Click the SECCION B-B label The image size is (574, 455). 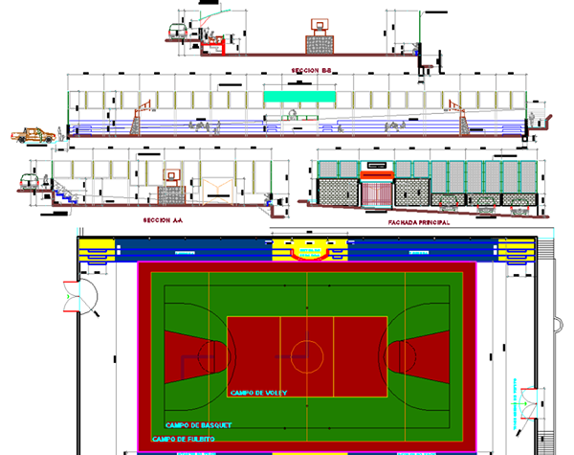point(312,70)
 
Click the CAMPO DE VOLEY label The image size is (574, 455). point(258,393)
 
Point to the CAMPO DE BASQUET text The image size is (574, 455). point(198,424)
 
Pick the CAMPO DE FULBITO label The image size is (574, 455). point(184,439)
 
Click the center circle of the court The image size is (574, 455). point(306,355)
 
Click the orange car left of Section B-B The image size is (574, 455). point(33,135)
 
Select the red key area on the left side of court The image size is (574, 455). point(196,354)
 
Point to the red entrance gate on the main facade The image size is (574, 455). point(376,190)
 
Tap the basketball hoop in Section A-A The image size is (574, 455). point(172,176)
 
